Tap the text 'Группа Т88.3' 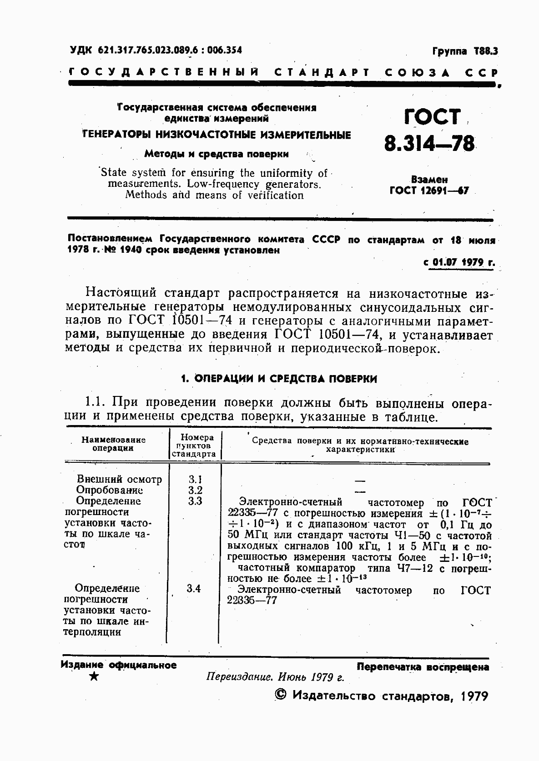[x=464, y=51]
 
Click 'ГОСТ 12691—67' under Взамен [x=429, y=191]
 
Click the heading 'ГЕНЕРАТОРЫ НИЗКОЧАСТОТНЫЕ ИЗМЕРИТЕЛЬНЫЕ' [x=217, y=135]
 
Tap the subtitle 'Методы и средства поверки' [x=217, y=154]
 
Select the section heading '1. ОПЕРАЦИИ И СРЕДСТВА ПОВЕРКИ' [x=279, y=379]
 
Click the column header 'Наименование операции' [x=113, y=444]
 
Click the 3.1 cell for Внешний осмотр [x=195, y=479]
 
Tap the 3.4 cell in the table [x=193, y=588]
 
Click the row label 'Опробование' [x=109, y=490]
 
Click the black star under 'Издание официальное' [x=94, y=676]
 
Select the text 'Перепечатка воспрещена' [x=423, y=667]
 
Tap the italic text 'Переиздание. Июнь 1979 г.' [x=275, y=676]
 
